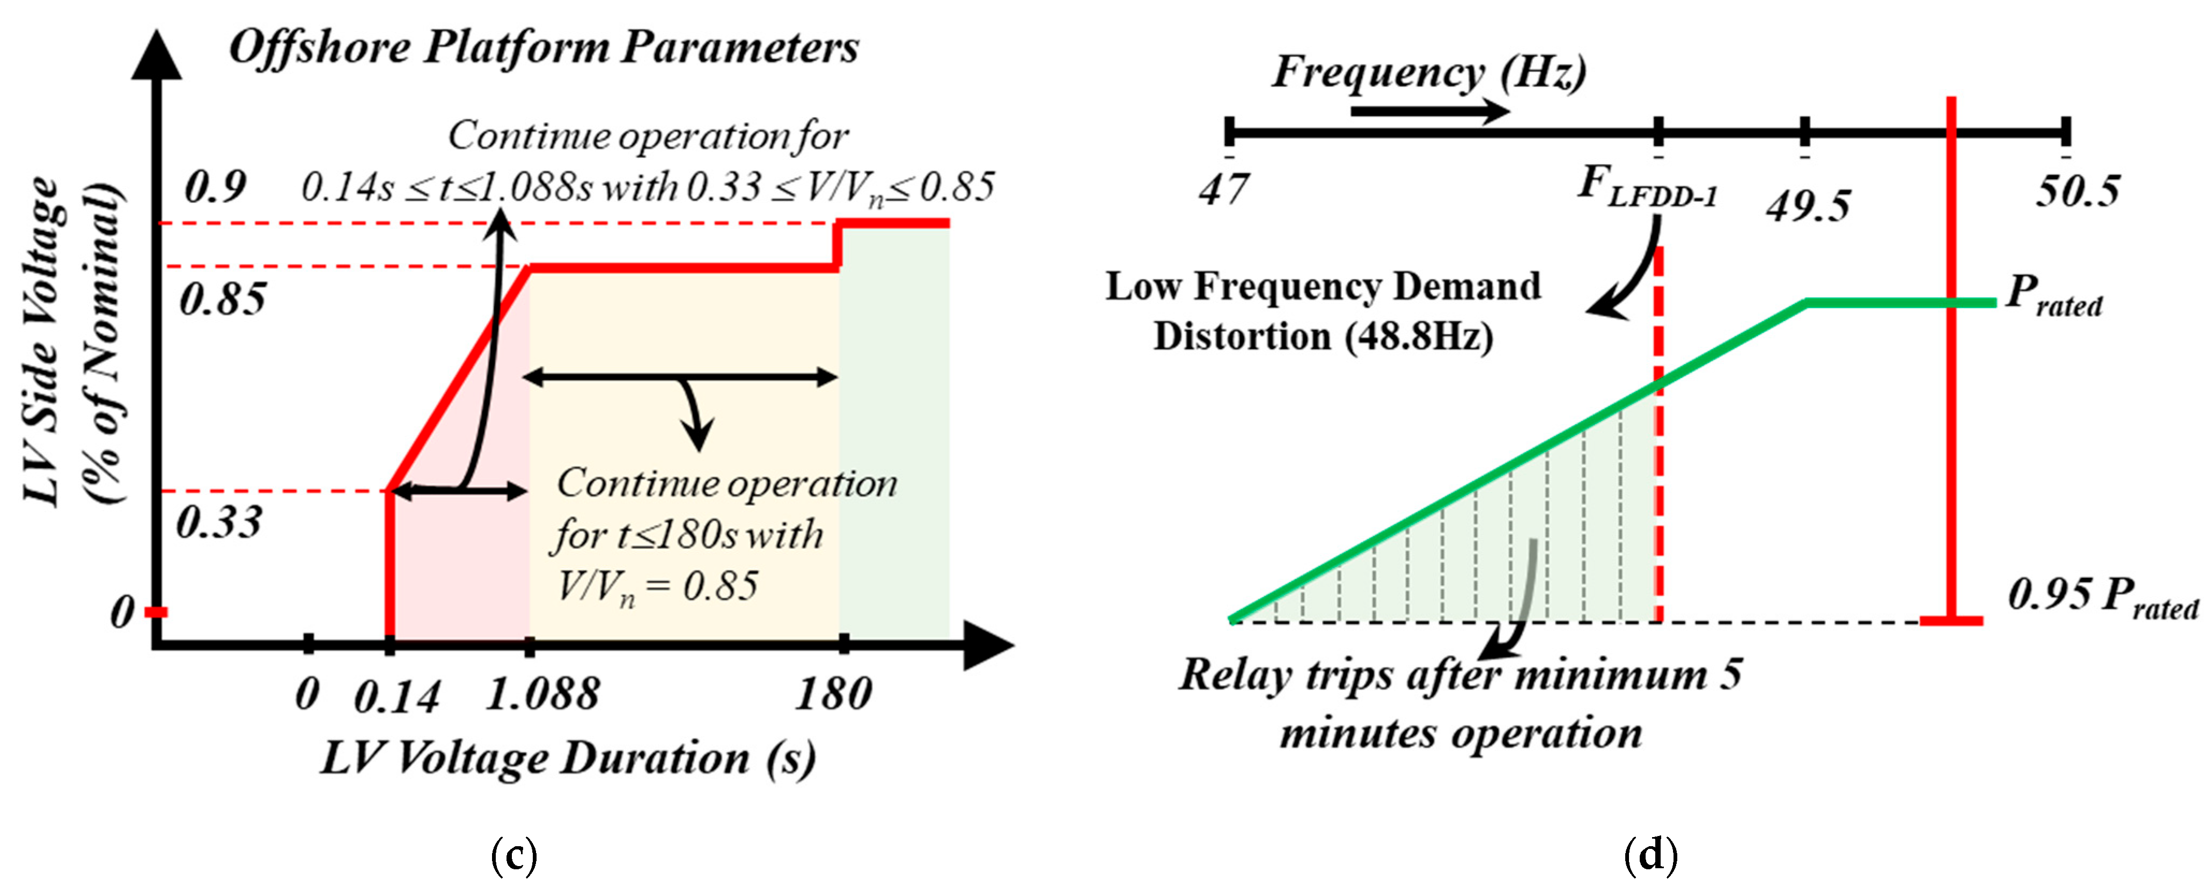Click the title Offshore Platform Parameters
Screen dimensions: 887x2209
point(544,47)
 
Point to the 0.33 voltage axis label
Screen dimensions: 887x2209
point(219,521)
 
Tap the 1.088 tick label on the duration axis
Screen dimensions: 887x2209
point(542,693)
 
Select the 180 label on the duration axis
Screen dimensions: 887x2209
point(833,693)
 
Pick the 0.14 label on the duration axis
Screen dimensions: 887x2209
point(397,696)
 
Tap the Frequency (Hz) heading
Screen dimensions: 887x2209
point(1428,72)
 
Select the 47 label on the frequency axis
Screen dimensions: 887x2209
point(1224,188)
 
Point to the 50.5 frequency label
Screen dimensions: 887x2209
point(2077,191)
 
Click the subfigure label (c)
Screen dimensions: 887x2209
point(515,855)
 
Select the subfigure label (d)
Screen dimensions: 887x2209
point(1651,855)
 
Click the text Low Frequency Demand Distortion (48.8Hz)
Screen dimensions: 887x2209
point(1323,310)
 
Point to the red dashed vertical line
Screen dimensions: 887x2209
point(1658,481)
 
